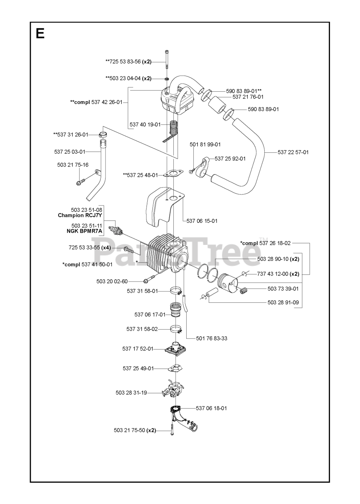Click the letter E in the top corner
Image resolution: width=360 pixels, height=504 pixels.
40,34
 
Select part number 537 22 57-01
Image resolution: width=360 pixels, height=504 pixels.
293,152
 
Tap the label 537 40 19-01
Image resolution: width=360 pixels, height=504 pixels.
145,124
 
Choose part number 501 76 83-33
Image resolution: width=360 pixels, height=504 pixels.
212,338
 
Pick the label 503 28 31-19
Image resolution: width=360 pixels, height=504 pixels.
131,393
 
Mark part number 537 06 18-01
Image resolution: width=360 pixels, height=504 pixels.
211,408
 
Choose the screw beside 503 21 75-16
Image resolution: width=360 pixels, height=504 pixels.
80,182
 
